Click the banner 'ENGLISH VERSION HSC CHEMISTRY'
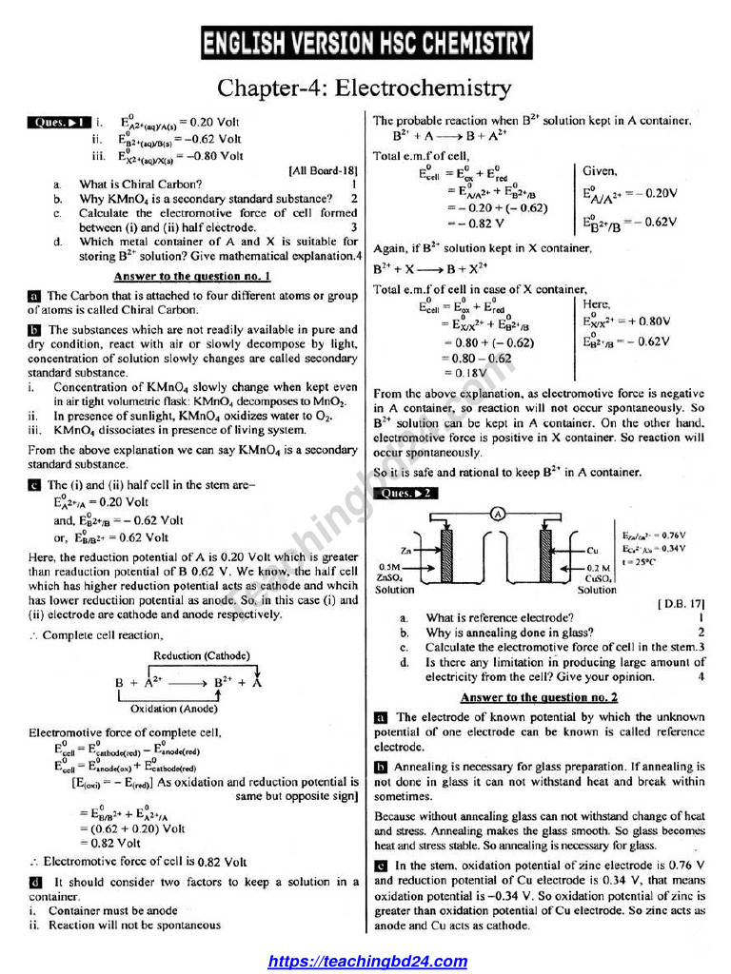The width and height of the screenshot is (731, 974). tap(366, 44)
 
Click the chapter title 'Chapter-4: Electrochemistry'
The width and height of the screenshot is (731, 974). tap(365, 88)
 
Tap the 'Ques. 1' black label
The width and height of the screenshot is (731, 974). tap(59, 123)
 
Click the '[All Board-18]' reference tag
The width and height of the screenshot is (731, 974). tap(323, 171)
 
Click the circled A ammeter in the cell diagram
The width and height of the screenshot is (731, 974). tap(497, 513)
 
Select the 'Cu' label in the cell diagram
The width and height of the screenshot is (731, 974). tap(592, 551)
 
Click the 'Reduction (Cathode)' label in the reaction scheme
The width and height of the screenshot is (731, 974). tap(202, 655)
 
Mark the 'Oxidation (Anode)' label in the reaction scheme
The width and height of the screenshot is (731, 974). tap(167, 709)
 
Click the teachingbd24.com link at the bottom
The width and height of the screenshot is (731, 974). tap(367, 962)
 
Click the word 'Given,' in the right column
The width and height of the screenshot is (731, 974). tap(600, 171)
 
